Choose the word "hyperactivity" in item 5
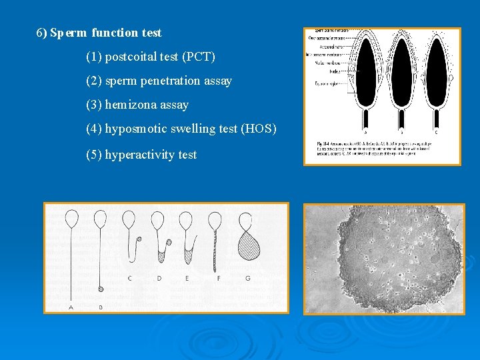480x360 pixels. click(x=140, y=155)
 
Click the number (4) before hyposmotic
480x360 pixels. click(x=94, y=129)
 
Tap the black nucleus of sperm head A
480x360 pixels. click(x=365, y=70)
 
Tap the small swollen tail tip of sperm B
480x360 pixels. click(x=100, y=289)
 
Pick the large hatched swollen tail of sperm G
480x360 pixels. click(x=249, y=247)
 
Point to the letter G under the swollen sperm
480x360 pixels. click(x=248, y=277)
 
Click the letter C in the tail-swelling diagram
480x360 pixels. click(x=129, y=277)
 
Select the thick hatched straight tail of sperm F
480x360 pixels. click(x=215, y=250)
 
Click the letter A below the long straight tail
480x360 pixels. click(x=71, y=307)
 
